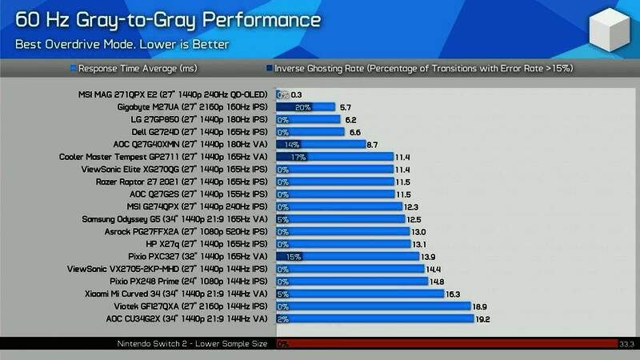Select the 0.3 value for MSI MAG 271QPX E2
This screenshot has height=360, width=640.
[x=297, y=94]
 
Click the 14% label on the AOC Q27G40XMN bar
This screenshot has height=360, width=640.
[x=292, y=145]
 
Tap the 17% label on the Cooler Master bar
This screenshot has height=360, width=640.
[x=298, y=157]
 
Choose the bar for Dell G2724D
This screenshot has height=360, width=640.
[x=310, y=132]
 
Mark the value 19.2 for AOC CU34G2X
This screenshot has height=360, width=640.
[x=482, y=319]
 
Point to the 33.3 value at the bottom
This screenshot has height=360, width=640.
[x=626, y=344]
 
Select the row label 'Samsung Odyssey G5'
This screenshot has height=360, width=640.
[x=174, y=219]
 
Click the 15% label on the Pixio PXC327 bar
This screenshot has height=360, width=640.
[x=294, y=257]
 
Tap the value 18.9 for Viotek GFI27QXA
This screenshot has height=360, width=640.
[x=480, y=306]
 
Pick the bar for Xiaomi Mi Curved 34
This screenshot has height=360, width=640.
[x=359, y=294]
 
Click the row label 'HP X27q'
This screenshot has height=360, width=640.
[x=207, y=244]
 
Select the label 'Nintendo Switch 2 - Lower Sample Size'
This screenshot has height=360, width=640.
[x=191, y=344]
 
